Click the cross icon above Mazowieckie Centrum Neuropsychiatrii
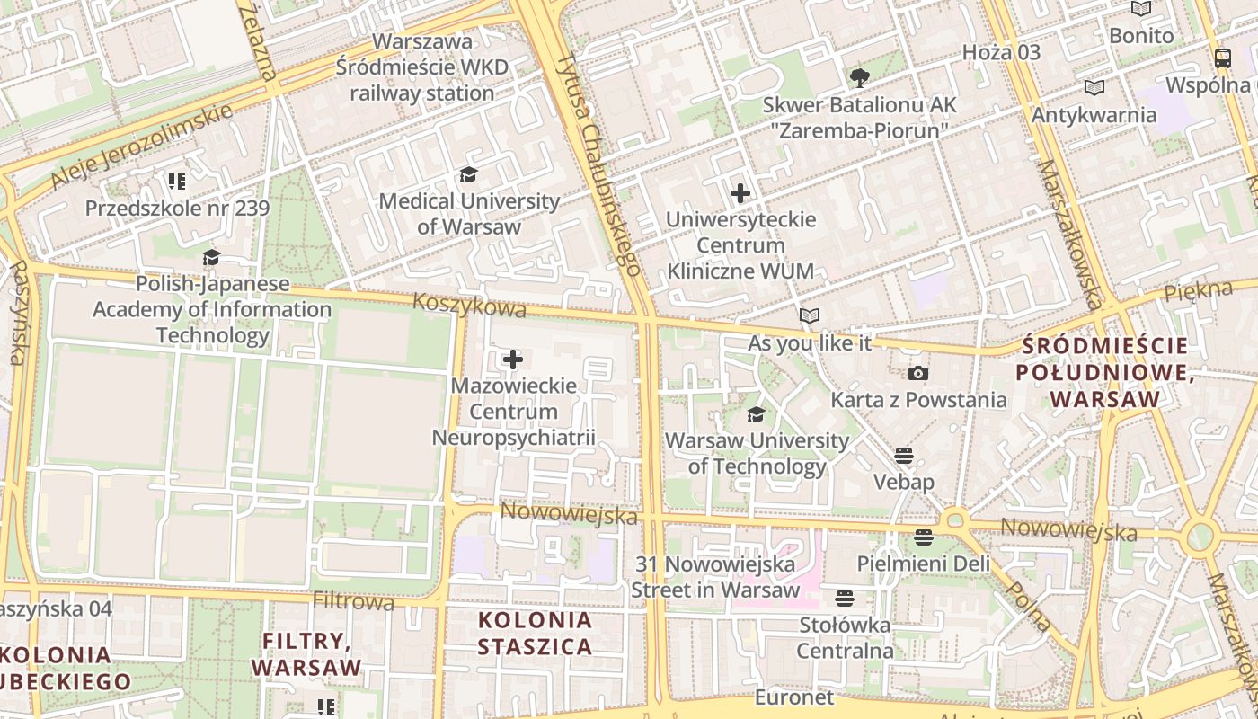(x=512, y=360)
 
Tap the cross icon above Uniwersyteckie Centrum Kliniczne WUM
(x=740, y=193)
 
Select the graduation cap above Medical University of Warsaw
(x=468, y=174)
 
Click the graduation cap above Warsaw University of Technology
(x=757, y=414)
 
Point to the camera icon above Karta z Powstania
(x=917, y=373)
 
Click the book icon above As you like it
(x=810, y=315)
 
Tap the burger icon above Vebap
(x=904, y=455)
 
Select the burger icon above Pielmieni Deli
(x=924, y=537)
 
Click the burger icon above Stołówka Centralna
(x=844, y=598)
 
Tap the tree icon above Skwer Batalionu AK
(x=859, y=77)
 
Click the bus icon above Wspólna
(x=1222, y=58)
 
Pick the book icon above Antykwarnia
(x=1094, y=88)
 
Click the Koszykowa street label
(x=469, y=306)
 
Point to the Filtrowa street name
(x=353, y=600)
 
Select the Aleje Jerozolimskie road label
(x=142, y=147)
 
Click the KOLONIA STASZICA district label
(x=535, y=633)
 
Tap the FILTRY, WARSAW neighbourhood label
(x=306, y=654)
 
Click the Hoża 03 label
(x=1001, y=52)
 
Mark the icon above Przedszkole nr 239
(x=176, y=182)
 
